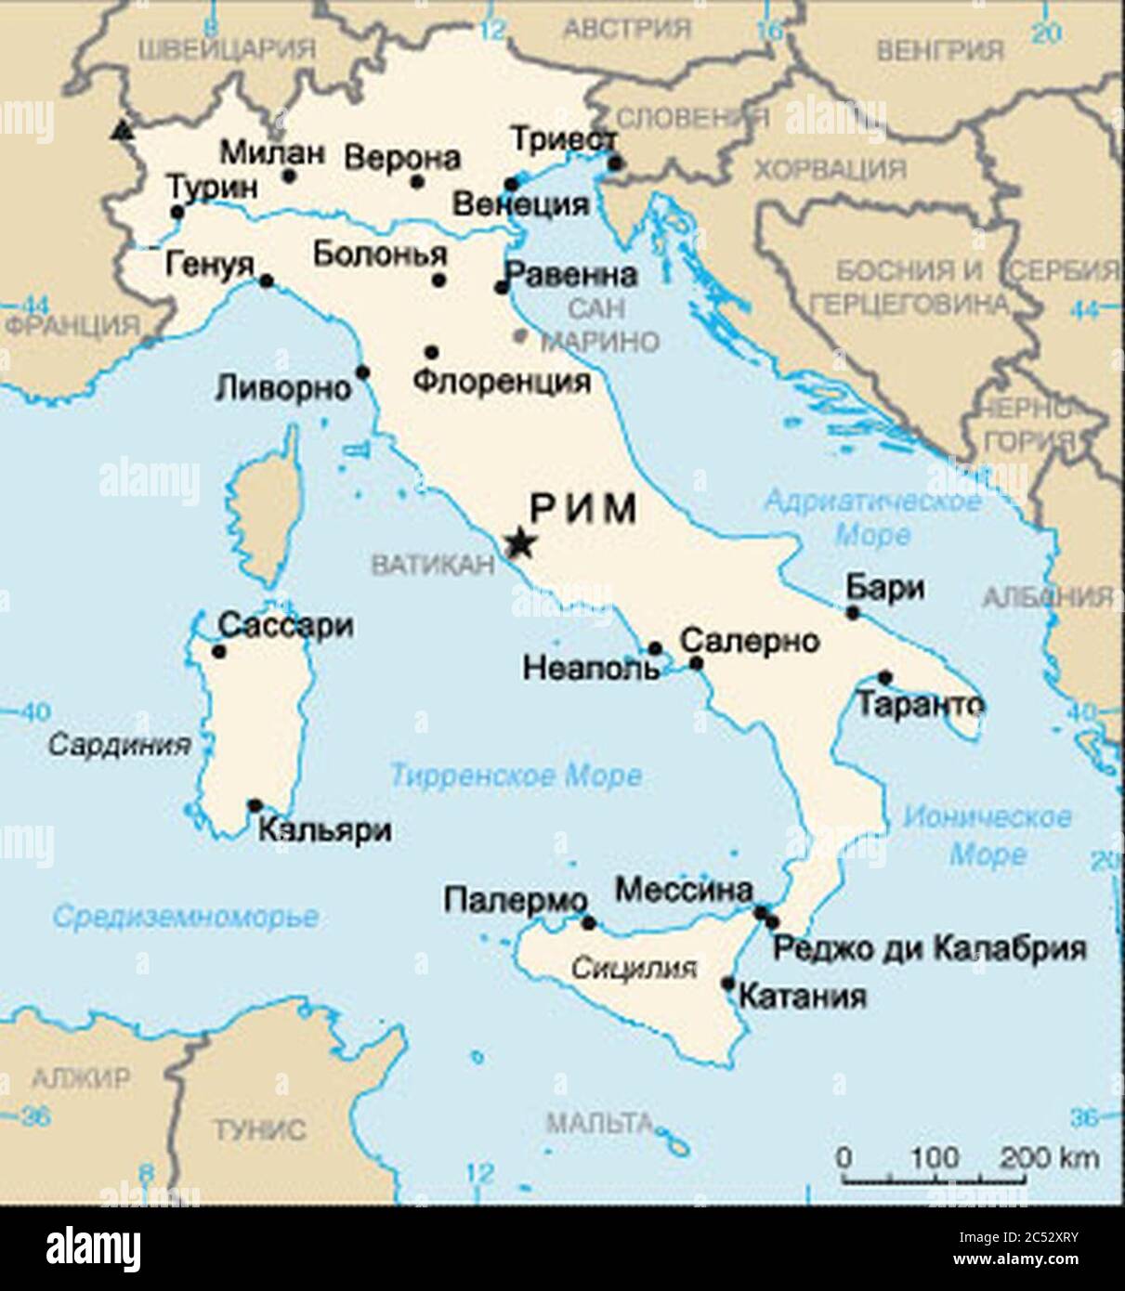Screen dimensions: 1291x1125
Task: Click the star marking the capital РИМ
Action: (519, 543)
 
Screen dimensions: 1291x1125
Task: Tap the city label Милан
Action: (273, 151)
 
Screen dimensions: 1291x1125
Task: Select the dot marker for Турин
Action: (177, 212)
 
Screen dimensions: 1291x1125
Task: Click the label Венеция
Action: (520, 203)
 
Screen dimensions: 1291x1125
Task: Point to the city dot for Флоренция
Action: (431, 352)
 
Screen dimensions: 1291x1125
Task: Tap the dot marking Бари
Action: (853, 612)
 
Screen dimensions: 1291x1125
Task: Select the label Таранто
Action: (920, 705)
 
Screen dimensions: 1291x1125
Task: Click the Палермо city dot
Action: (588, 922)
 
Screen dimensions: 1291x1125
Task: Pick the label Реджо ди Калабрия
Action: (930, 948)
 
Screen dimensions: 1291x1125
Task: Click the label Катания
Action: (802, 997)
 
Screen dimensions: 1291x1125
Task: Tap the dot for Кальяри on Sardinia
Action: (255, 805)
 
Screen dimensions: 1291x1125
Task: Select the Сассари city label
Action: (285, 626)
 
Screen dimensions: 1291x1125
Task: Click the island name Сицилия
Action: (633, 969)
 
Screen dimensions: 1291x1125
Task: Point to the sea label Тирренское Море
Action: (516, 776)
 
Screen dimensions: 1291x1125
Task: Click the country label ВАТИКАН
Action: (432, 564)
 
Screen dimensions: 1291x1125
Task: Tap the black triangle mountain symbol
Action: (119, 131)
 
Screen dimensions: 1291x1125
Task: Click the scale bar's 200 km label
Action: (1050, 1158)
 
